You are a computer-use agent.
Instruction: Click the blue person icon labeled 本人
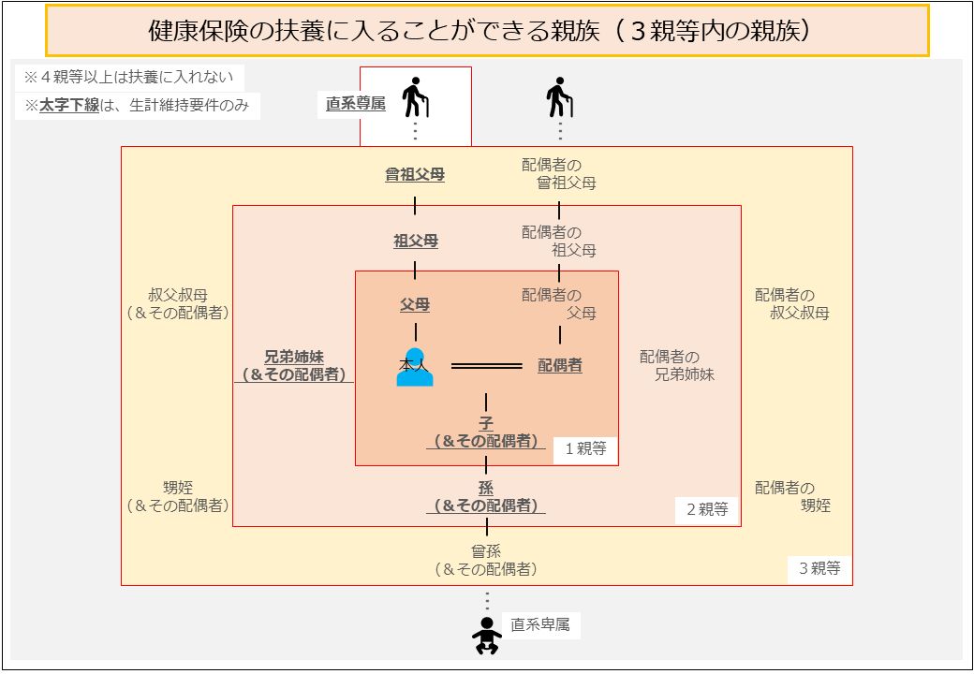[x=415, y=367]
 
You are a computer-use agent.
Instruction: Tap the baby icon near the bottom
[x=486, y=635]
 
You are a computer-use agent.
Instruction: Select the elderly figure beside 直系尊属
[x=415, y=97]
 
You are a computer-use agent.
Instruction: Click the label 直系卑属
[x=539, y=624]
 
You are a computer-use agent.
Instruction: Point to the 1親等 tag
[x=585, y=448]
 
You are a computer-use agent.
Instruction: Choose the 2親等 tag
[x=707, y=509]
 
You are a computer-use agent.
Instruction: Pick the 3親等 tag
[x=819, y=568]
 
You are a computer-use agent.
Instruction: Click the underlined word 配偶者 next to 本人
[x=560, y=365]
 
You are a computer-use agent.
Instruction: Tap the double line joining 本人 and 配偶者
[x=486, y=366]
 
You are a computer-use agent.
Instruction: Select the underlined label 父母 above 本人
[x=415, y=305]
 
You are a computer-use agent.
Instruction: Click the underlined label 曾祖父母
[x=415, y=175]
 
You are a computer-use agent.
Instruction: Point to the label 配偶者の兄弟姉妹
[x=677, y=365]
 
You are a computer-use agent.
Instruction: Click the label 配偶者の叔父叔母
[x=792, y=304]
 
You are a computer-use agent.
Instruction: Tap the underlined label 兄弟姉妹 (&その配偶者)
[x=294, y=365]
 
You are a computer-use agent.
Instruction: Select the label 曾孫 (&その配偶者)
[x=486, y=560]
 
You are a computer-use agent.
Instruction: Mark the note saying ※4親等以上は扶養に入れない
[x=128, y=77]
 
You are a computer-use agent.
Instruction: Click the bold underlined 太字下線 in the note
[x=69, y=106]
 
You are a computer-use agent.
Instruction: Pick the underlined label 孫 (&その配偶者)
[x=486, y=496]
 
